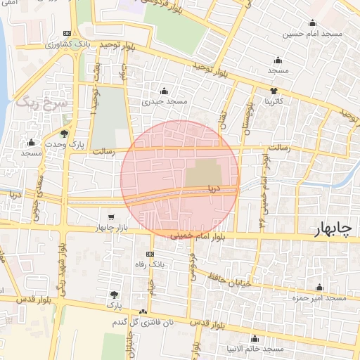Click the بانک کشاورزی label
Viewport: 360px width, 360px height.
coord(52,44)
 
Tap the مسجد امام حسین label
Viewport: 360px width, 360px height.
coord(313,33)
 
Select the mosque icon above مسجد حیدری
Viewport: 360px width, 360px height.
coord(165,91)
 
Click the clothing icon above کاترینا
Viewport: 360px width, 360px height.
coord(274,91)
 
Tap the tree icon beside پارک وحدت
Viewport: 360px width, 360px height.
coord(65,133)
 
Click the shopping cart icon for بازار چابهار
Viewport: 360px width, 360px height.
coord(111,217)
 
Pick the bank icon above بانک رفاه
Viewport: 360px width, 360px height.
coord(149,254)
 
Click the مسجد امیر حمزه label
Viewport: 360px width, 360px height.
coord(320,298)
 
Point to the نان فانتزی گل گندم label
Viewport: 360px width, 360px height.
coord(143,322)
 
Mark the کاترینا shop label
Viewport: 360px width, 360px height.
coord(273,102)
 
